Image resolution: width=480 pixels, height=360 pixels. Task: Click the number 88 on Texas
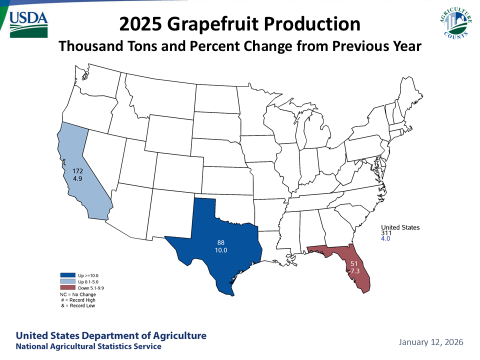[220, 242]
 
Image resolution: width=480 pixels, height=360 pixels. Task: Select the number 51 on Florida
[353, 263]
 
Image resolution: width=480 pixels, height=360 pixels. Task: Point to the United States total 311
[385, 233]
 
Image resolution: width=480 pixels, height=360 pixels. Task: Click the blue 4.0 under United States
[385, 239]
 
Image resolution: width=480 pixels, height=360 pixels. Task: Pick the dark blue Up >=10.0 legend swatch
[66, 275]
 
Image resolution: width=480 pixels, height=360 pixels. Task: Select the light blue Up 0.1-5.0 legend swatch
[66, 282]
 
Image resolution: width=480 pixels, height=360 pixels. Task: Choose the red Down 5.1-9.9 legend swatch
[66, 288]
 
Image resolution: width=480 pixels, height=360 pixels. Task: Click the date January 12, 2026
[431, 342]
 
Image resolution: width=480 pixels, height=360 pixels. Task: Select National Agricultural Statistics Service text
[88, 346]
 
